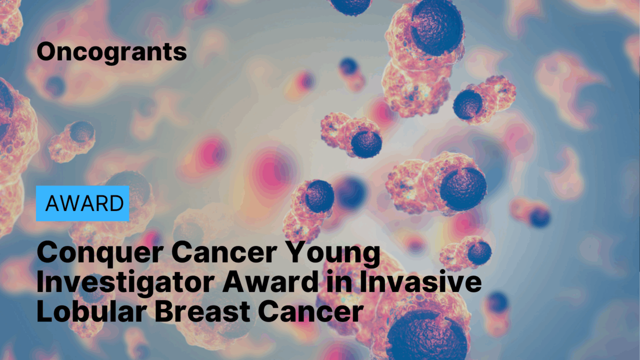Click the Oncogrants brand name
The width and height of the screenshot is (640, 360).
[111, 52]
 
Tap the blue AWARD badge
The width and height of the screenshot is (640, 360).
[83, 203]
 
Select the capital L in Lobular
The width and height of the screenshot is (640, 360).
[44, 310]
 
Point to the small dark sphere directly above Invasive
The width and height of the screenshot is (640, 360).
[479, 252]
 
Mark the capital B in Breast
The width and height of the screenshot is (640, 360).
[164, 310]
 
